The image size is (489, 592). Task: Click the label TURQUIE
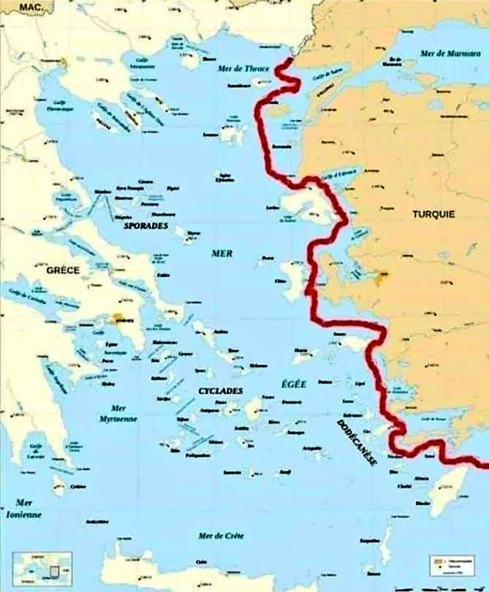(x=433, y=214)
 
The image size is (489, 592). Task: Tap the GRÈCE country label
(x=63, y=270)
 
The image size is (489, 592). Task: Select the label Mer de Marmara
(x=447, y=53)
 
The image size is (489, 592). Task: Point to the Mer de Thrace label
(x=244, y=69)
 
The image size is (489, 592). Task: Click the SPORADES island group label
(x=145, y=226)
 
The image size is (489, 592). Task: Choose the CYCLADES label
(x=220, y=391)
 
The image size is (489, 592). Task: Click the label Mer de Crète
(x=221, y=536)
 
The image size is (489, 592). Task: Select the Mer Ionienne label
(x=28, y=509)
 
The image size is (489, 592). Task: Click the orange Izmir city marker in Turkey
(x=382, y=276)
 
